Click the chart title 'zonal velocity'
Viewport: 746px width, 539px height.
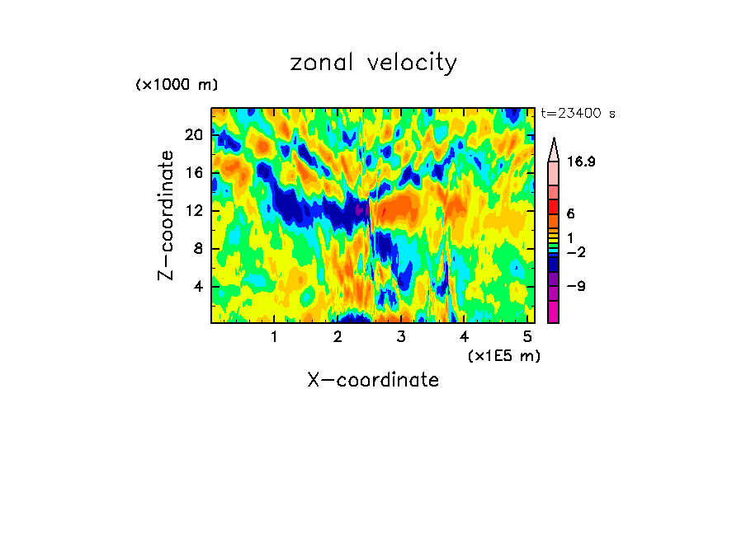(373, 63)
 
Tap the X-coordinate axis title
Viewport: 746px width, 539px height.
(373, 380)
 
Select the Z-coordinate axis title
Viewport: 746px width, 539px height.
(166, 215)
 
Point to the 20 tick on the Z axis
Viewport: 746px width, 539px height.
(193, 135)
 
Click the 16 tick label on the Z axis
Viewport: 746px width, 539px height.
(193, 173)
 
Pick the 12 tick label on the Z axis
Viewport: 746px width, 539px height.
(193, 211)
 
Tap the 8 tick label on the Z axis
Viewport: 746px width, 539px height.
(196, 249)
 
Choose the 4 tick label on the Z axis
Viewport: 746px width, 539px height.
(196, 287)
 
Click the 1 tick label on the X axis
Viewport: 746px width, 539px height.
(274, 337)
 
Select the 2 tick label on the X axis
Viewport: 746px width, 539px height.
(338, 337)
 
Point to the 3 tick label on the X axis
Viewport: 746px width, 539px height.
(401, 337)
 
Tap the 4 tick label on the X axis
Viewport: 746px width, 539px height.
(465, 337)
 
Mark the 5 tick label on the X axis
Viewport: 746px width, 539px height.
(528, 337)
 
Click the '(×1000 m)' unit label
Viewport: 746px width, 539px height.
(177, 85)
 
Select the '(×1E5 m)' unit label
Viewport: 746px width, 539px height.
(503, 355)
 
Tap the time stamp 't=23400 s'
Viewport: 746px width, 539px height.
(578, 114)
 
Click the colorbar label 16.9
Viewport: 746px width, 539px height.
(581, 162)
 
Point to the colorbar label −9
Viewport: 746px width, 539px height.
(575, 287)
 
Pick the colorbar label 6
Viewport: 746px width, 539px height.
(570, 213)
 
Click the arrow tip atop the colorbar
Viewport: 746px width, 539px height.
(554, 141)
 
